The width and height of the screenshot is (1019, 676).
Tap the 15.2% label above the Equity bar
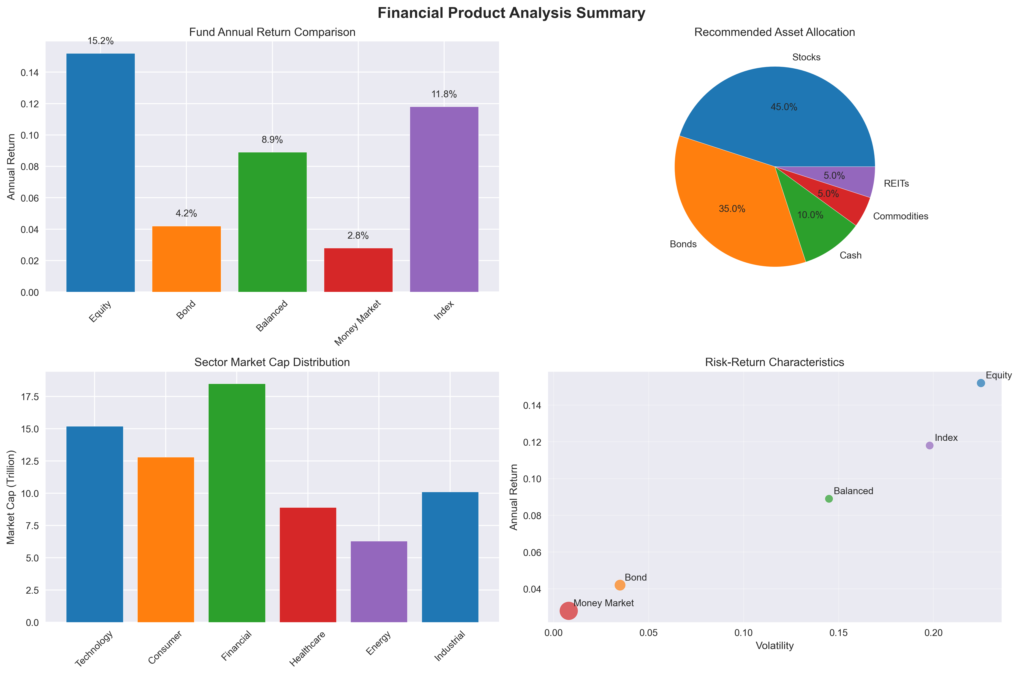coord(101,41)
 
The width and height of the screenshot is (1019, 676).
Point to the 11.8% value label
coord(444,94)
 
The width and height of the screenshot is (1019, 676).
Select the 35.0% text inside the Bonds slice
coord(732,209)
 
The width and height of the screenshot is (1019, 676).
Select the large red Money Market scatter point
coord(569,611)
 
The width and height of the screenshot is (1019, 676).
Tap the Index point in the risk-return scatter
coord(929,445)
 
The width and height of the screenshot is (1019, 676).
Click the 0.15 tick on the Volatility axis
coord(838,633)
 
